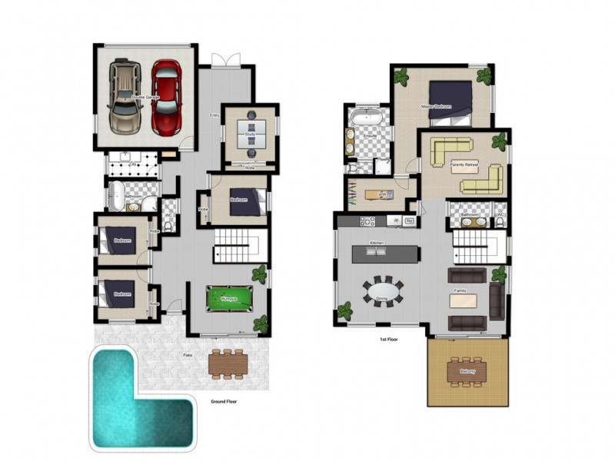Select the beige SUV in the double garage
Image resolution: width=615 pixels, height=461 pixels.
(x=125, y=96)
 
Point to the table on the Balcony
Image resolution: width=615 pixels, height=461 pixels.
(x=467, y=371)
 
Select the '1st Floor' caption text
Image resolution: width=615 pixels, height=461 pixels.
(x=388, y=339)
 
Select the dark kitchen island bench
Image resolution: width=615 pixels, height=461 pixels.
(x=386, y=253)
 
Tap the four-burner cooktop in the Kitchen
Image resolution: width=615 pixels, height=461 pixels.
(x=367, y=221)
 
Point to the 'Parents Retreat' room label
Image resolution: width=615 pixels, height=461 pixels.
(x=463, y=164)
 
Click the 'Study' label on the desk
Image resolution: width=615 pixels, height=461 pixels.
(x=250, y=135)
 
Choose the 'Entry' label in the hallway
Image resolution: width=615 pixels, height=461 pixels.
(x=214, y=115)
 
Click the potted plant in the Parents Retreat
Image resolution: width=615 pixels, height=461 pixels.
(x=499, y=141)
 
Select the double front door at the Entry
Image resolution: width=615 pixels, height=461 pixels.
(x=221, y=60)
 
